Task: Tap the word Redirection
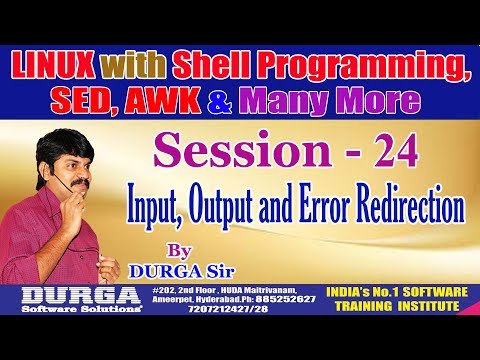410,209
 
